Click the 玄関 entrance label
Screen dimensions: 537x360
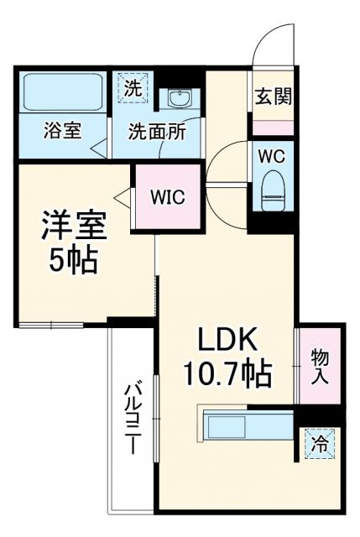[274, 97]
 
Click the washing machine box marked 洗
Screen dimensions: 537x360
[133, 86]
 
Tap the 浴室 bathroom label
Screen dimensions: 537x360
[62, 132]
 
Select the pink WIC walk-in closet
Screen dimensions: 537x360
[168, 197]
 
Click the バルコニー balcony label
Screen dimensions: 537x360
[133, 420]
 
